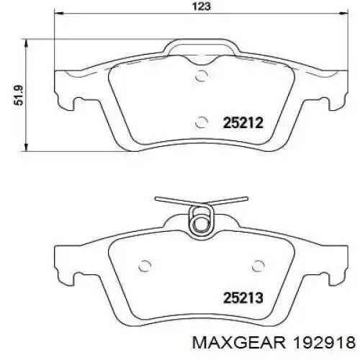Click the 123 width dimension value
tap(202, 6)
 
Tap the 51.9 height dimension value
tap(19, 95)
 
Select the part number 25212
tap(243, 123)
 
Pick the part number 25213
tap(243, 298)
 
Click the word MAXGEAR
tap(239, 342)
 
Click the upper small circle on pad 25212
tap(201, 76)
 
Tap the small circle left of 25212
tap(201, 122)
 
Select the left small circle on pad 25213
tap(145, 266)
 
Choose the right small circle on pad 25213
tap(258, 266)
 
